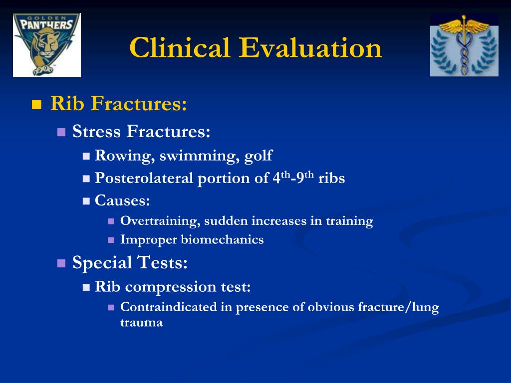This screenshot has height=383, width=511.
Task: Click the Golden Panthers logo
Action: (46, 44)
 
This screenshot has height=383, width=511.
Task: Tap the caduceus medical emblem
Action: (464, 44)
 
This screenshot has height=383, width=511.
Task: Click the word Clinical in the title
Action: (180, 47)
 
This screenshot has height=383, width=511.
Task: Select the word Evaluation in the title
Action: (310, 47)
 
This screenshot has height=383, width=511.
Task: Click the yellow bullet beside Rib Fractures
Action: (36, 105)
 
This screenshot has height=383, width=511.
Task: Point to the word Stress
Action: (96, 131)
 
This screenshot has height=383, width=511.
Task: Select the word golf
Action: (258, 156)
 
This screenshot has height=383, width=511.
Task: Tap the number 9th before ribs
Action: (305, 178)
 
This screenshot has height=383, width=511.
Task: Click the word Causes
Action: (122, 200)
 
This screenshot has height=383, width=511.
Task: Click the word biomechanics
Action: (222, 240)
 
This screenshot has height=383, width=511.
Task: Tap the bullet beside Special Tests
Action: (61, 263)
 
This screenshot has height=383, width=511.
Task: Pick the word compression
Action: (171, 287)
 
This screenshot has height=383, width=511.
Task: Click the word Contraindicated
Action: (169, 307)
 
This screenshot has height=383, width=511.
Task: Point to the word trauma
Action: (141, 323)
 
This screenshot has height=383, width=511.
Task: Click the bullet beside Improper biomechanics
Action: (111, 240)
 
